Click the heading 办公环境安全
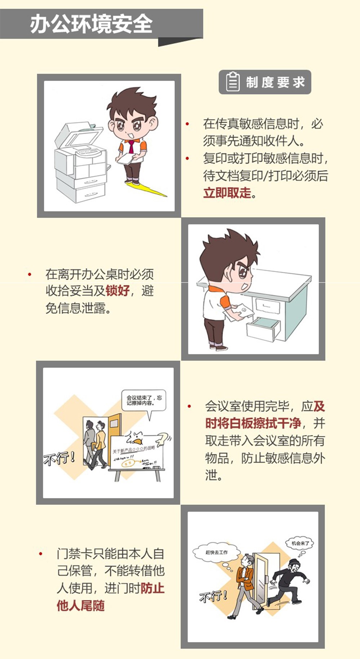[91, 24]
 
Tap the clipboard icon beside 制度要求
[232, 82]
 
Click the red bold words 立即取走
[227, 193]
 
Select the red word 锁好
[117, 290]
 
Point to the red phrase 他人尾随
[81, 605]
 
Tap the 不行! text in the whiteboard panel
[59, 458]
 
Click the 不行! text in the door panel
[214, 596]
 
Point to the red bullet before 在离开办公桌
[30, 275]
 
